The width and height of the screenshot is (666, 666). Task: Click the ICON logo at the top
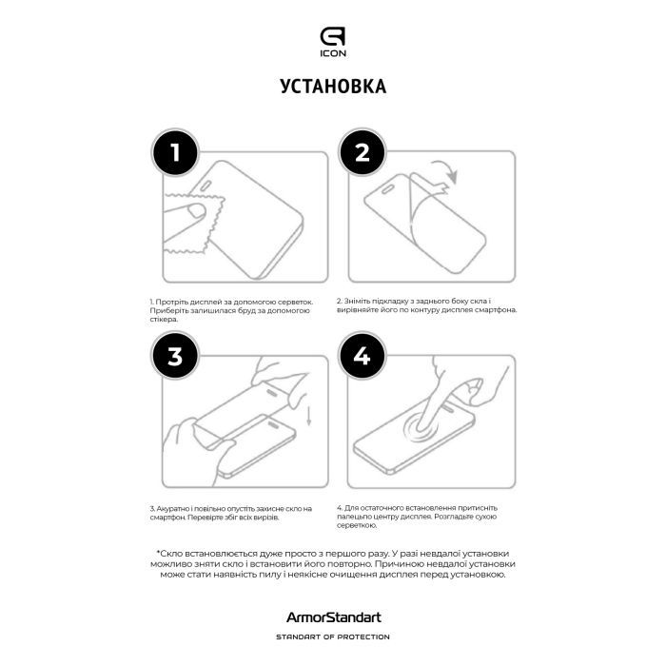(x=332, y=42)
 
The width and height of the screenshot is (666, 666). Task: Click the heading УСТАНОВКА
(x=333, y=87)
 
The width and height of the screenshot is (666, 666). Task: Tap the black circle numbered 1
(x=175, y=153)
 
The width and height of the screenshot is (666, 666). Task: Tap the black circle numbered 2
(x=362, y=153)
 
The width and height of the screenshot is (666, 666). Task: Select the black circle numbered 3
(x=175, y=357)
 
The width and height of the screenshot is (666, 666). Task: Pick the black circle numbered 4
(x=362, y=357)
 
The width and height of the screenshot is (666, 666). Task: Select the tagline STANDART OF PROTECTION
(x=333, y=637)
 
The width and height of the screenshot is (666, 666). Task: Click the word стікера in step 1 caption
(x=163, y=320)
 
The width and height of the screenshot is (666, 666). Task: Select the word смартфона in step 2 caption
(x=496, y=310)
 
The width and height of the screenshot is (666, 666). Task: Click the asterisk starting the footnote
(x=158, y=553)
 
